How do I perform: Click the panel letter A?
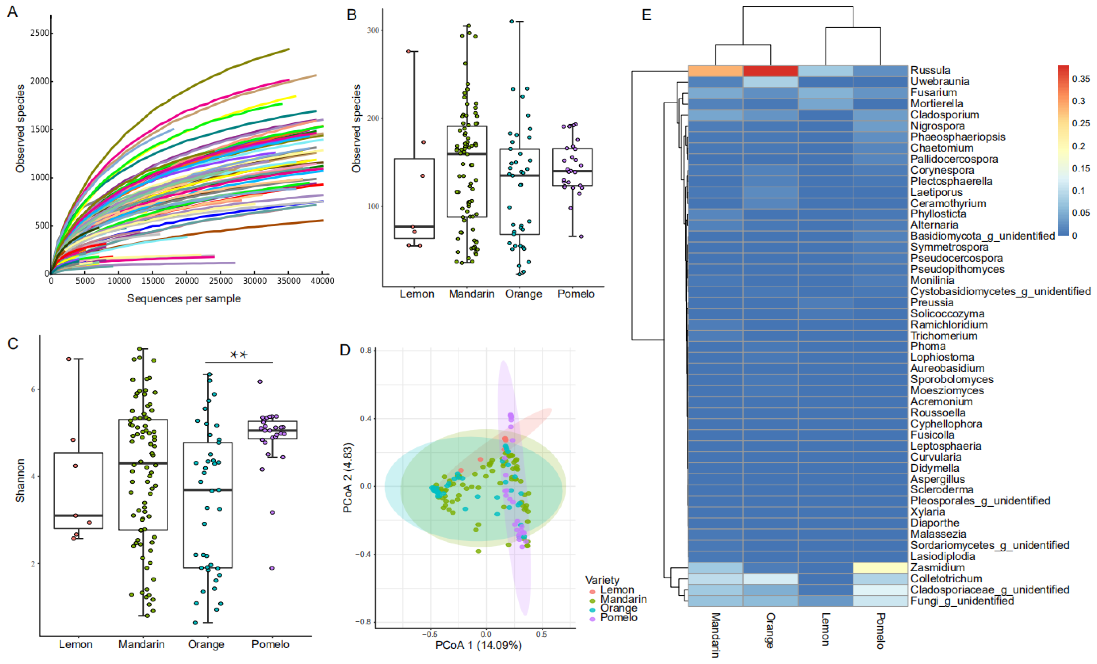(x=12, y=12)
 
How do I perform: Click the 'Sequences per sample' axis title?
(x=184, y=299)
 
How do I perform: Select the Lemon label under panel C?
(x=76, y=644)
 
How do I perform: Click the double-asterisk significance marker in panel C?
(x=239, y=355)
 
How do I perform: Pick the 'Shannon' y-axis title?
(x=20, y=481)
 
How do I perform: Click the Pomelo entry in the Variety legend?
(x=618, y=618)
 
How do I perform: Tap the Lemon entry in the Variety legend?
(x=617, y=590)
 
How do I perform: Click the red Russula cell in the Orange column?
(x=770, y=71)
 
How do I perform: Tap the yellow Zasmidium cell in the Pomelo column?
(x=880, y=568)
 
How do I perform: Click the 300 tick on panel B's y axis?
(x=373, y=30)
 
